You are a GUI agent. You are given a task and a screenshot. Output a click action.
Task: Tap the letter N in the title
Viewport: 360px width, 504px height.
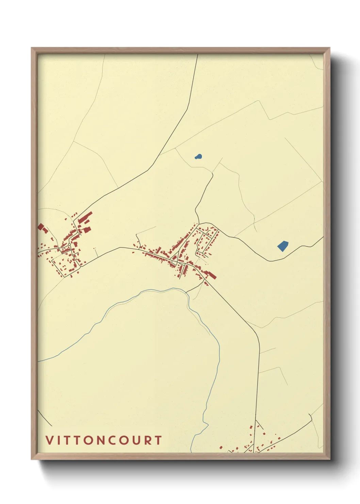click(x=98, y=440)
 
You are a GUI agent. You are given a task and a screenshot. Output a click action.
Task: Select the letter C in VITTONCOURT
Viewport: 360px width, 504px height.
click(x=110, y=440)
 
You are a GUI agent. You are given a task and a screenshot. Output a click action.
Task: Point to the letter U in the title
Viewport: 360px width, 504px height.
click(x=135, y=440)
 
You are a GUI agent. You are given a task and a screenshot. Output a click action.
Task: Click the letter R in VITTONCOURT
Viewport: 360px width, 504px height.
click(x=147, y=440)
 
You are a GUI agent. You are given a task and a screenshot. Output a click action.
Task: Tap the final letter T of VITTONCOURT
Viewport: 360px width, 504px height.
click(x=158, y=440)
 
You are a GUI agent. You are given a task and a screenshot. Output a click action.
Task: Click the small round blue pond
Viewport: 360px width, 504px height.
click(x=198, y=157)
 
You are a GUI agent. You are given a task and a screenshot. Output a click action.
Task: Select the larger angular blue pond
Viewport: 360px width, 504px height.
click(x=282, y=246)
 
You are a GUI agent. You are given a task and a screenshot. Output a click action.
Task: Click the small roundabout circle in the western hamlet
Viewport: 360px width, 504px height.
click(x=69, y=245)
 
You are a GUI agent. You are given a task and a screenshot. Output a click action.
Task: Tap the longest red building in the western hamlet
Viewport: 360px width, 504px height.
click(x=85, y=217)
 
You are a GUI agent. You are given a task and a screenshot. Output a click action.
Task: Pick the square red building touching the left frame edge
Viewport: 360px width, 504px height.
click(x=41, y=226)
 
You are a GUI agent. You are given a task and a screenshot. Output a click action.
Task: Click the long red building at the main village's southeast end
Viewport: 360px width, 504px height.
click(x=211, y=274)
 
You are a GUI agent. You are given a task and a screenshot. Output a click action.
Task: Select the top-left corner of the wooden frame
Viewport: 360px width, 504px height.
click(x=32, y=48)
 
